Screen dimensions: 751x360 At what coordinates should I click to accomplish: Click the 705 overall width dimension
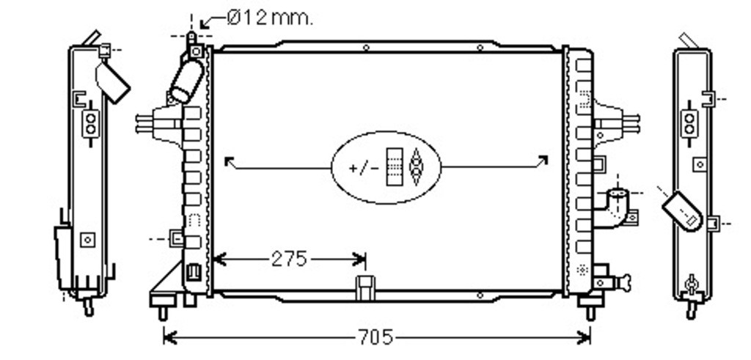click(375, 338)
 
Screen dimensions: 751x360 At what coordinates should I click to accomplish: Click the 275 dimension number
click(289, 260)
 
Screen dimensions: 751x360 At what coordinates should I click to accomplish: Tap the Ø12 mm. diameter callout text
click(270, 18)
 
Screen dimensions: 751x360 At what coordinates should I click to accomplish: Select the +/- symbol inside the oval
click(364, 169)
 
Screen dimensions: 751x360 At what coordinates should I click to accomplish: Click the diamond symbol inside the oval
click(416, 166)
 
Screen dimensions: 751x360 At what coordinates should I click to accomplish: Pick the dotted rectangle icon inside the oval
click(395, 166)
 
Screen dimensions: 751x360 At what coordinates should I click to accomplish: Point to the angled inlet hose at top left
click(187, 81)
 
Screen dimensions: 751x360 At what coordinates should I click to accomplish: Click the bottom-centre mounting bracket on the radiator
click(365, 287)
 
